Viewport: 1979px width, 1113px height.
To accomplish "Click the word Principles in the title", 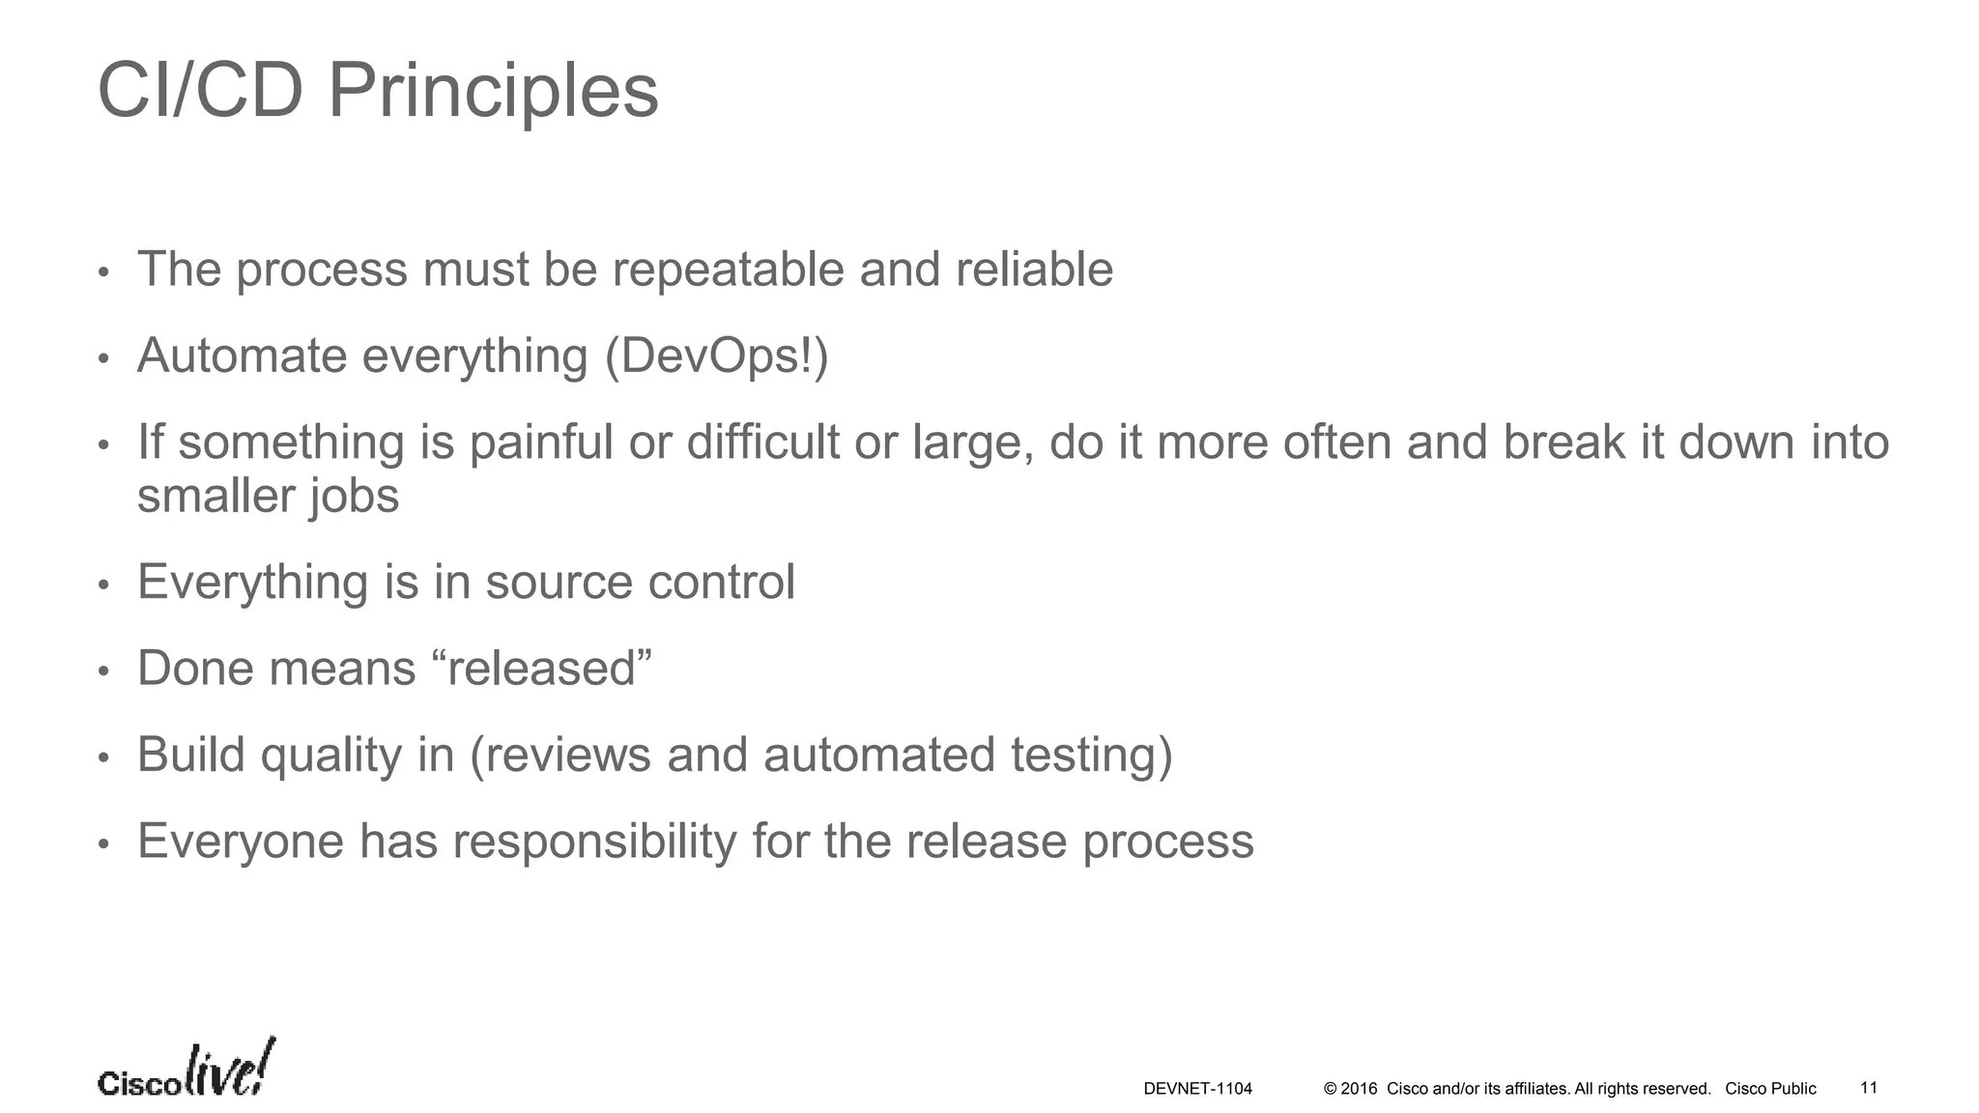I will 493,92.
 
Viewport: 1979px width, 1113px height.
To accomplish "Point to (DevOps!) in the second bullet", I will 716,356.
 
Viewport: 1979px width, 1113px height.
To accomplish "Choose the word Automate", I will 242,356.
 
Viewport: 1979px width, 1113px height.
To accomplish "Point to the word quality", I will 330,756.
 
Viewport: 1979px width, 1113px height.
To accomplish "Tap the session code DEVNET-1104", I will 1197,1089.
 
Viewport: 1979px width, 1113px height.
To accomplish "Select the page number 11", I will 1869,1088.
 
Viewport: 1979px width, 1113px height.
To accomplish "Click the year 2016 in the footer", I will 1359,1089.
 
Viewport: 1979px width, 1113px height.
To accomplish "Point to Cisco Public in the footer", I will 1770,1089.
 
